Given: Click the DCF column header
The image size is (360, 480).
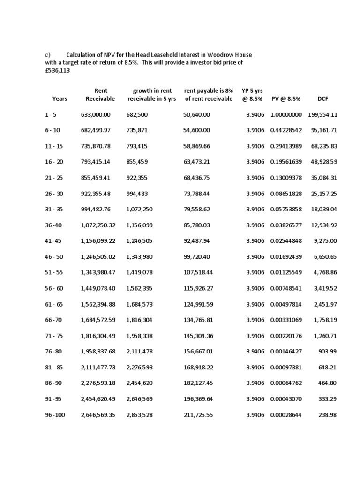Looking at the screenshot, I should point(322,98).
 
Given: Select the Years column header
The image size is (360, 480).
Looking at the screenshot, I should point(60,98).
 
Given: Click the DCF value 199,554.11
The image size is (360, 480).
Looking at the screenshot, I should point(323,114).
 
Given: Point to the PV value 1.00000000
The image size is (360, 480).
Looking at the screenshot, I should point(286,114).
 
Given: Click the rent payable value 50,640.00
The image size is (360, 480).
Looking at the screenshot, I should point(196,114).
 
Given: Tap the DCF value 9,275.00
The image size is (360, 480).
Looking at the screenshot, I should point(327,241).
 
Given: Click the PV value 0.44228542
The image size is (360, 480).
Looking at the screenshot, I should point(286,130).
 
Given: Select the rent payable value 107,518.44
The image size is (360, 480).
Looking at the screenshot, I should point(198,272).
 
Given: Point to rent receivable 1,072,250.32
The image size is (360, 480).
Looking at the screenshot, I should point(98,225).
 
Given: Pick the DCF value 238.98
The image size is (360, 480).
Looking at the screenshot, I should point(329,415).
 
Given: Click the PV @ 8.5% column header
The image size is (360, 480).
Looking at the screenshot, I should point(285,98).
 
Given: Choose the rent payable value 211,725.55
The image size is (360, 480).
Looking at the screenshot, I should point(198,415).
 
